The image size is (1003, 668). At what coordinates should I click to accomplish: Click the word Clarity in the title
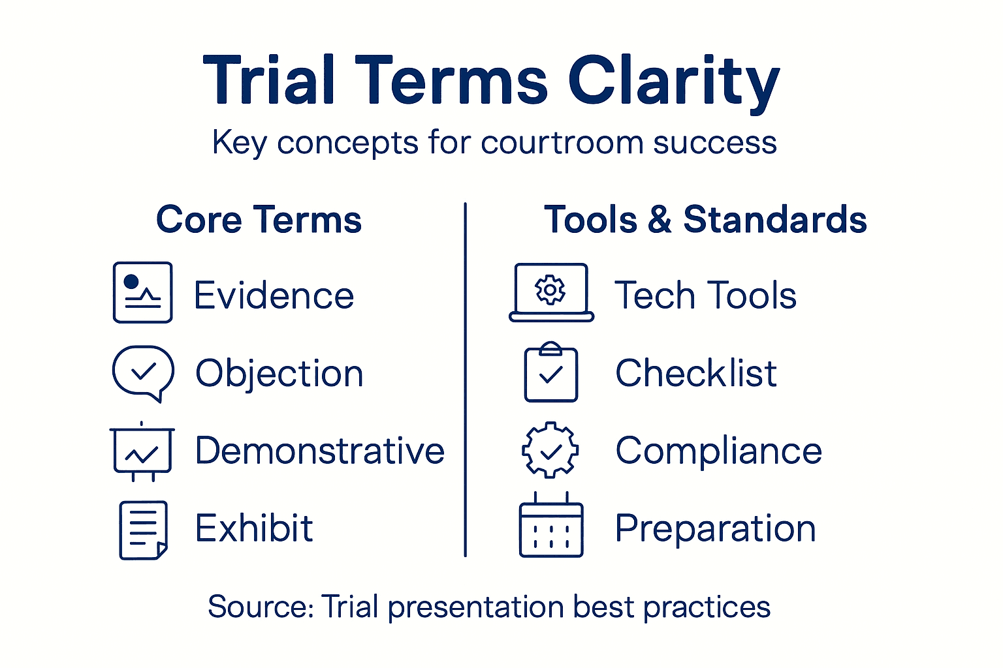[x=673, y=82]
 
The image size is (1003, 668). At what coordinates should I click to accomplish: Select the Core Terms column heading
[x=259, y=219]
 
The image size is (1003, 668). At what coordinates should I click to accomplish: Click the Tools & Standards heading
[x=705, y=219]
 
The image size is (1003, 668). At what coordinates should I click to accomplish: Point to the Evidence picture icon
[x=142, y=292]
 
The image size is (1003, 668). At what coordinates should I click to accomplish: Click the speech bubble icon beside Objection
[x=143, y=372]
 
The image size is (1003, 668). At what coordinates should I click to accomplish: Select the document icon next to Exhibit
[x=143, y=530]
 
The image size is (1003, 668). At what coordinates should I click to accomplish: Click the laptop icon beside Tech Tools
[x=551, y=293]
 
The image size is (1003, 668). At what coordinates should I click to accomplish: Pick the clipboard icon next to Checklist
[x=551, y=372]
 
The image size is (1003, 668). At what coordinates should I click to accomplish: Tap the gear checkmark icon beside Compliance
[x=550, y=450]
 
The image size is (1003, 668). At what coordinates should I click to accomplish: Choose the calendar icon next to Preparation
[x=550, y=526]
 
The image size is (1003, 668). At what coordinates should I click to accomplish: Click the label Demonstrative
[x=320, y=451]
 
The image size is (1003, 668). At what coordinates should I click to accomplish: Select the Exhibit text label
[x=254, y=528]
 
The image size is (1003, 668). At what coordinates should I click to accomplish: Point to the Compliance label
[x=718, y=451]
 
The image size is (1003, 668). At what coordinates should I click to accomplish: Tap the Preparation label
[x=716, y=528]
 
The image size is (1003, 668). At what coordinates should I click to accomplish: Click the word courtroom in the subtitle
[x=562, y=142]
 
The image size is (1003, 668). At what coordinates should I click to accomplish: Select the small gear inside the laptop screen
[x=550, y=290]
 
